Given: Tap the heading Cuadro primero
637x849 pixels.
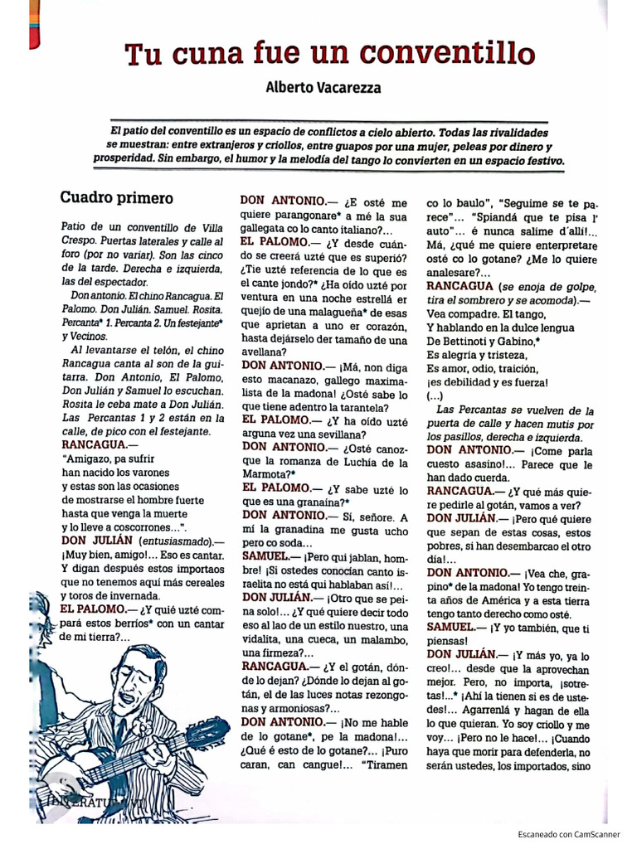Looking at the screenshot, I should tap(116, 198).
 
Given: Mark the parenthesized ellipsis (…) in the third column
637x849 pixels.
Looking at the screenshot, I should tap(435, 396).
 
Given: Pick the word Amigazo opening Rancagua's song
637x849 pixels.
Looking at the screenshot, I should tap(90, 457).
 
